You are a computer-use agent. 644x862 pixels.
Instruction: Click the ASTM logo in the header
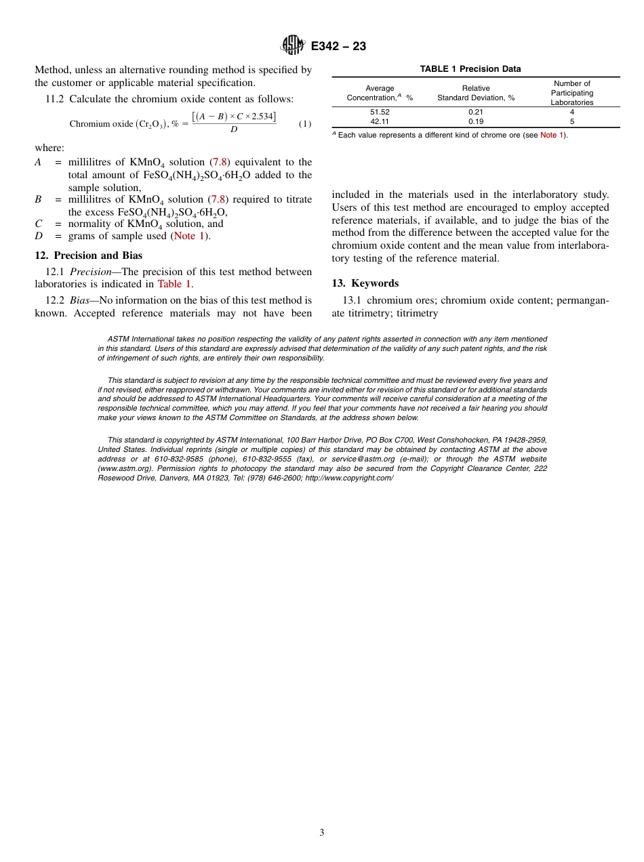tap(294, 46)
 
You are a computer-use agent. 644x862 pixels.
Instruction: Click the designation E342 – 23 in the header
tap(338, 47)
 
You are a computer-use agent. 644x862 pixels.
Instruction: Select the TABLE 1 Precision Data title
tap(470, 69)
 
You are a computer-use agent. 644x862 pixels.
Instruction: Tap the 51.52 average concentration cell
tap(380, 112)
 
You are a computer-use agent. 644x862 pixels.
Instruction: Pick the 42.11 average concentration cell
tap(380, 121)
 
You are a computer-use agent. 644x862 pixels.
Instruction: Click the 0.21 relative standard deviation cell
tap(476, 112)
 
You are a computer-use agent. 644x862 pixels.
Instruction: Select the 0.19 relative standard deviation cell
tap(476, 121)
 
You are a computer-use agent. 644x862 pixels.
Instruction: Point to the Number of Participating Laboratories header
tap(571, 93)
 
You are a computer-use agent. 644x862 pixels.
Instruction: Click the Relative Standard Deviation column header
tap(476, 93)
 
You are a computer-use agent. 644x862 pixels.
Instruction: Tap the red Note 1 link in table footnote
tap(552, 136)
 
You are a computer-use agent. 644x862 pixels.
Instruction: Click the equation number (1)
tap(305, 124)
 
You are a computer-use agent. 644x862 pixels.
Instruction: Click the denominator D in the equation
tap(234, 130)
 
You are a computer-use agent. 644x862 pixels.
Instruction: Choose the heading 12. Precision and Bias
tap(89, 255)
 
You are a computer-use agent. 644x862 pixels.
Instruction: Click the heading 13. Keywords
tap(365, 283)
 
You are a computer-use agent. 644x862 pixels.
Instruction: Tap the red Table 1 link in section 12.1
tap(174, 284)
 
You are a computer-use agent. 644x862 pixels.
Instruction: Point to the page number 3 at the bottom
tap(322, 833)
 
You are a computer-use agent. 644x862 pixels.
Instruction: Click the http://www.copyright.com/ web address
tap(349, 478)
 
